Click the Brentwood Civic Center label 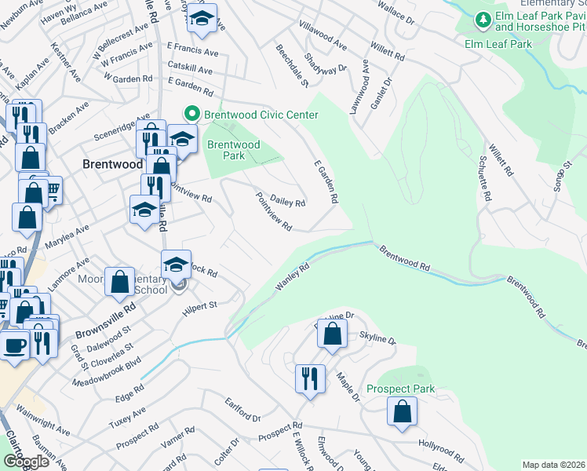pyautogui.click(x=260, y=115)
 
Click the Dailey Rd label pyautogui.click(x=287, y=202)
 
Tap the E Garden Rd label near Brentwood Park pyautogui.click(x=325, y=184)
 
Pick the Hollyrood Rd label pyautogui.click(x=441, y=450)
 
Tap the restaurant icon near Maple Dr pyautogui.click(x=309, y=379)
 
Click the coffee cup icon pyautogui.click(x=15, y=345)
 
